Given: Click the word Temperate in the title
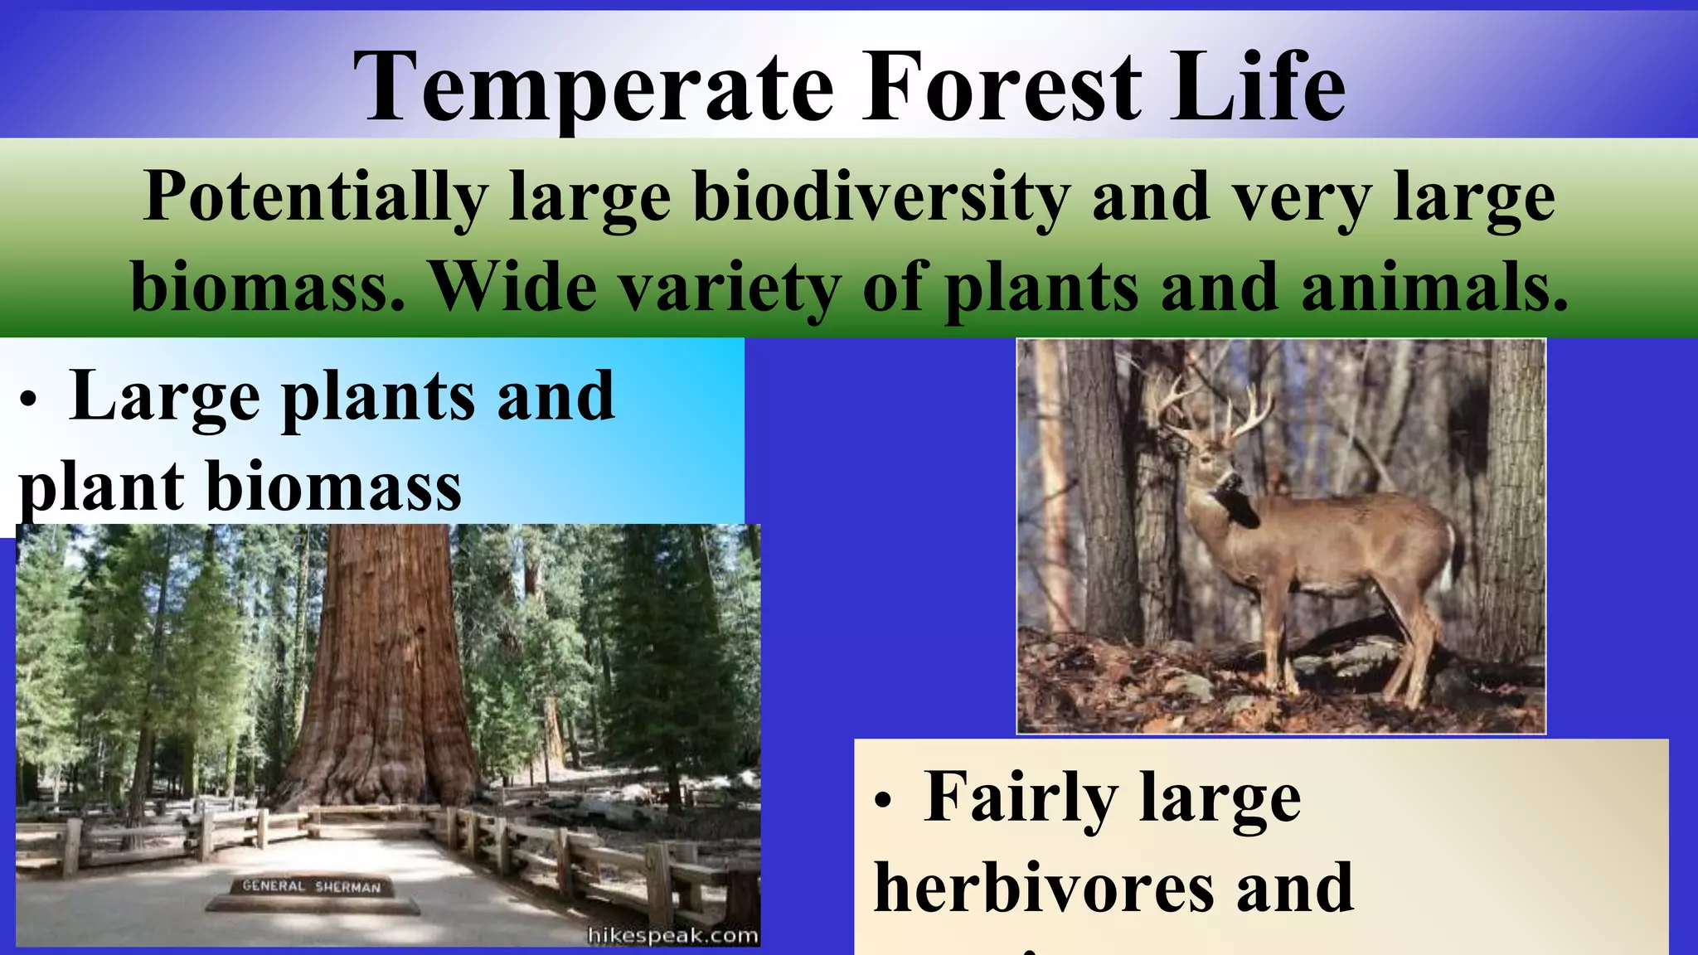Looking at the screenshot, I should pyautogui.click(x=594, y=87).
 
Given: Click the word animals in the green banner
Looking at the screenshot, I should pyautogui.click(x=1434, y=287).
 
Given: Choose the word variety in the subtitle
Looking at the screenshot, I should pyautogui.click(x=730, y=287).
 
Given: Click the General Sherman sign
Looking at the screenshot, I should pyautogui.click(x=312, y=886).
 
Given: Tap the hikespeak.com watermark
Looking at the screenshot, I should pyautogui.click(x=672, y=936).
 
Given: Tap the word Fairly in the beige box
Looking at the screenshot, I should pyautogui.click(x=1021, y=797).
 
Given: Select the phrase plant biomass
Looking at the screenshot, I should pyautogui.click(x=240, y=487).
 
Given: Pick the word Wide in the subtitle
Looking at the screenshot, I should pyautogui.click(x=514, y=287).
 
